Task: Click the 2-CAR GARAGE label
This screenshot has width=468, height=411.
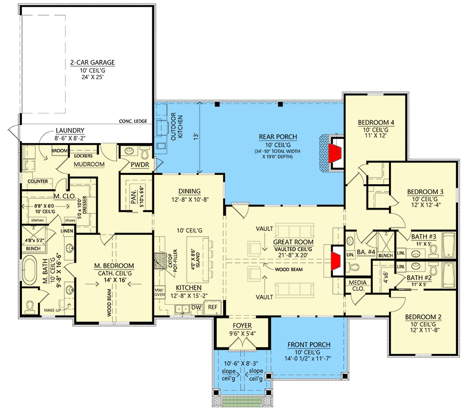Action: pos(93,62)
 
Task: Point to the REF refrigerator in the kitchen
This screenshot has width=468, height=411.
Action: pos(213,307)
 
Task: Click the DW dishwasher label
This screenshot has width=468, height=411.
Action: pos(196,307)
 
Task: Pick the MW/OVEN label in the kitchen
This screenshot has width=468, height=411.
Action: pos(159,292)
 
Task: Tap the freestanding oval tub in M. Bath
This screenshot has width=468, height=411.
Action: pos(29,270)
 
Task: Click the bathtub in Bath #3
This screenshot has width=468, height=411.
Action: pos(448,245)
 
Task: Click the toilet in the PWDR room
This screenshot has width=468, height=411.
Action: pos(145,153)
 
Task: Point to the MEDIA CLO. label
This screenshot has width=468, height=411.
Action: pos(358,286)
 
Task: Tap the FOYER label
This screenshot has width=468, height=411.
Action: pos(242,326)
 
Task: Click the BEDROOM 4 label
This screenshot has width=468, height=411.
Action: pos(376,122)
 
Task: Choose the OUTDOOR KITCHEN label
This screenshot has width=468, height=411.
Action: pos(177,126)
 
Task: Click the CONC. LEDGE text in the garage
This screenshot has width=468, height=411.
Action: pos(133,121)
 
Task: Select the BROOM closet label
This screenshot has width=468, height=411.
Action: pos(59,150)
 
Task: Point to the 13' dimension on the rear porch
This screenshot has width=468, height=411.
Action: pos(196,136)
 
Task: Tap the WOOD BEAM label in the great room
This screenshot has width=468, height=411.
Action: pos(289,269)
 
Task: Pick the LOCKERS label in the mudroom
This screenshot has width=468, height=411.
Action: pos(83,156)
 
